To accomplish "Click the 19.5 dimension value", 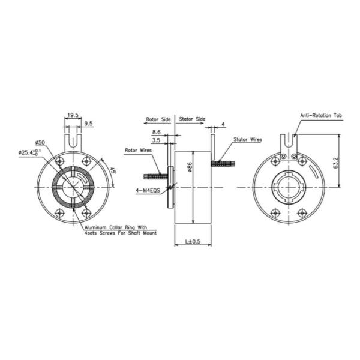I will [x=72, y=114].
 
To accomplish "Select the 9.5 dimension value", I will [x=88, y=123].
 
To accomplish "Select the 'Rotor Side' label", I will [x=158, y=119].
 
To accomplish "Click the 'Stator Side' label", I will [x=192, y=119].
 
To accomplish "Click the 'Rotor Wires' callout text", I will [x=138, y=150].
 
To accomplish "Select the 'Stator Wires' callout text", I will [x=248, y=139].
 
